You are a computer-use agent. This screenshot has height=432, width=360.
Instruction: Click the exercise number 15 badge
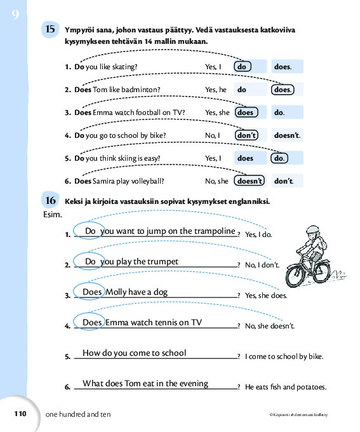point(50,29)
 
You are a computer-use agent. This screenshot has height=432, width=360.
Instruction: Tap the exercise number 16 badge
point(50,200)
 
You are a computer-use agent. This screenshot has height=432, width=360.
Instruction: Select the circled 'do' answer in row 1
point(243,67)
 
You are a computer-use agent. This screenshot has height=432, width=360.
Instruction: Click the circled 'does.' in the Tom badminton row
point(283,90)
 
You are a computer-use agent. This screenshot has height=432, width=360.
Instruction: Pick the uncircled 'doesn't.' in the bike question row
point(287,135)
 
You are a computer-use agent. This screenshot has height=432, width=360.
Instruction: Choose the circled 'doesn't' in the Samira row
point(250,180)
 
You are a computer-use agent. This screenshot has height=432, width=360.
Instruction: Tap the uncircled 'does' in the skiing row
point(245,158)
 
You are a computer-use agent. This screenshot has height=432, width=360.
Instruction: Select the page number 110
point(20,414)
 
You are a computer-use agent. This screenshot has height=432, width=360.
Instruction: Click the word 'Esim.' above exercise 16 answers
point(52,214)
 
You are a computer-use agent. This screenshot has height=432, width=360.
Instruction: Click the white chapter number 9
point(15,14)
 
